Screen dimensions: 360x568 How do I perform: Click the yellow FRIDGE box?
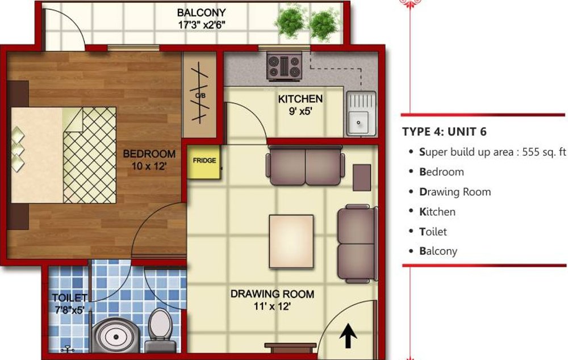[x=204, y=162]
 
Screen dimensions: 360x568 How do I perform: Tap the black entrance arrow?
[x=346, y=339]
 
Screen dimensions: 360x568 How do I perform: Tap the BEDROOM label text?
[x=149, y=154]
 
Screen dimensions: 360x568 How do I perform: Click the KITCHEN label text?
[x=300, y=99]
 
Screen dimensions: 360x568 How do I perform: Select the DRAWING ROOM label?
[x=272, y=294]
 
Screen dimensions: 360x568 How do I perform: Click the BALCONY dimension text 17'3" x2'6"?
[x=201, y=24]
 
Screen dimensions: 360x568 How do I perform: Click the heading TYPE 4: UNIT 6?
[x=445, y=132]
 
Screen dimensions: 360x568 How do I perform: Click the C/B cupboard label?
[x=200, y=95]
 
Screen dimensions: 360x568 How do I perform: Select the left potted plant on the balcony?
[x=289, y=22]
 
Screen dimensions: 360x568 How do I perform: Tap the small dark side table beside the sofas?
[x=362, y=177]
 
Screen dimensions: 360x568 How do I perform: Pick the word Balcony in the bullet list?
[x=438, y=251]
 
